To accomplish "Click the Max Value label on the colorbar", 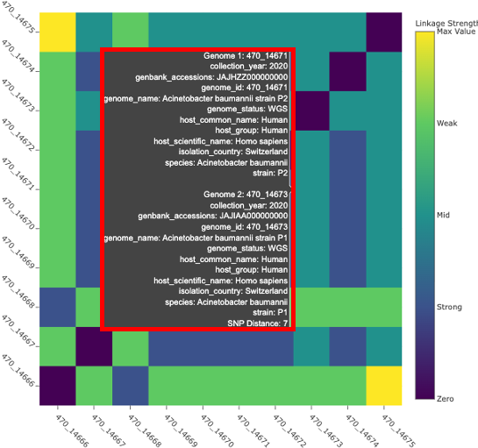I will tap(455, 32).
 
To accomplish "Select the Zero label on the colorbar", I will tap(446, 400).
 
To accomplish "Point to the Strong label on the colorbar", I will tap(450, 308).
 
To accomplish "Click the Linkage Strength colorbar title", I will tap(446, 21).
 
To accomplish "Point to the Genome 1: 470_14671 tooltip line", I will tap(246, 54).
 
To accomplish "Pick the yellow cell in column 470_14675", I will tap(383, 383).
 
